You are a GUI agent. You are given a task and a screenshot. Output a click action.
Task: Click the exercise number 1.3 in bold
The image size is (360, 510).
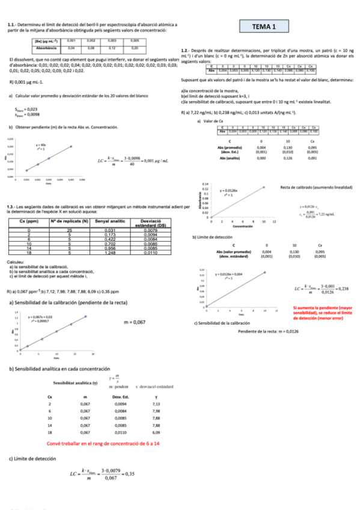(x=10, y=206)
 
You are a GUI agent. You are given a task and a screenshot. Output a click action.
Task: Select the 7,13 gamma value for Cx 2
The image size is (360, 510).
(x=156, y=405)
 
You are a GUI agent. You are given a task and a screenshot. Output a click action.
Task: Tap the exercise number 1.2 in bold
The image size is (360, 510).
(x=185, y=51)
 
